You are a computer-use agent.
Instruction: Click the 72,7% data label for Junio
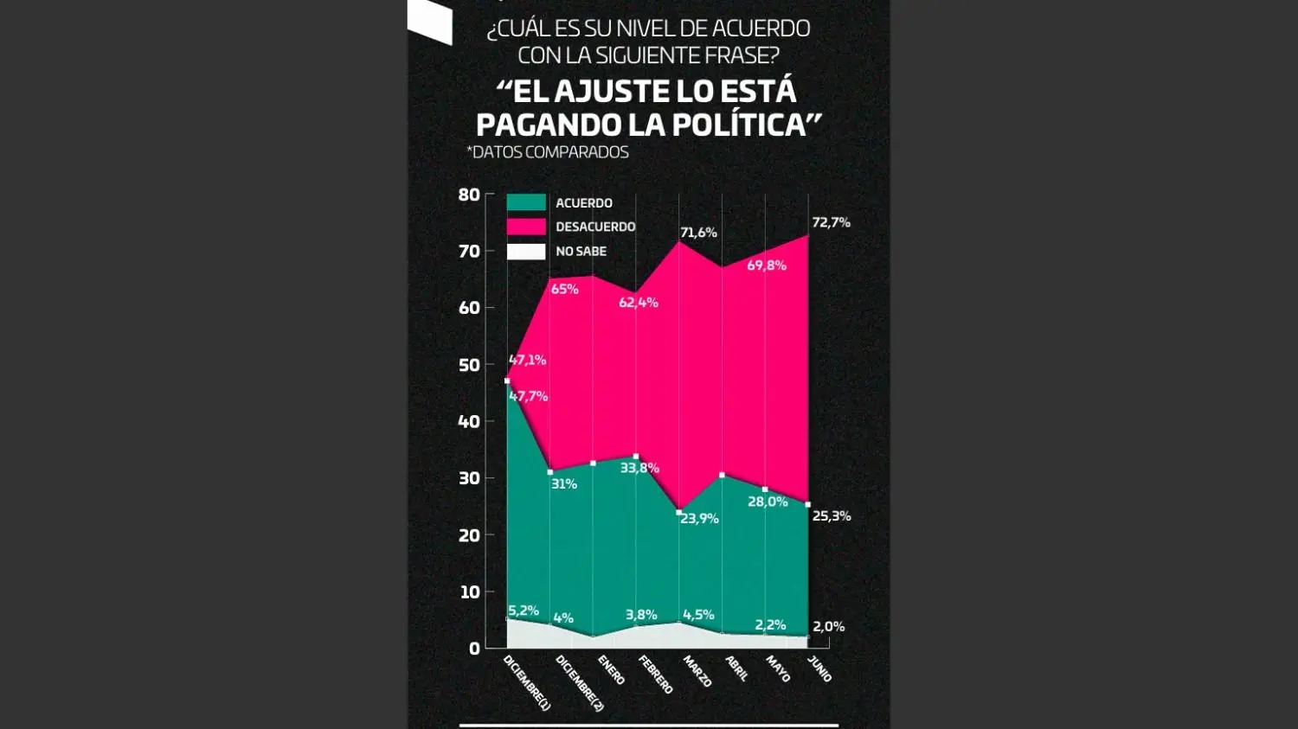click(831, 222)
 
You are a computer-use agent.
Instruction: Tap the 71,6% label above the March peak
click(698, 233)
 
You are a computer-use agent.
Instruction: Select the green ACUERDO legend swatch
click(526, 202)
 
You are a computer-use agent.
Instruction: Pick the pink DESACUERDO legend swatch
click(526, 227)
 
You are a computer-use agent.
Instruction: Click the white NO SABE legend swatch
click(526, 252)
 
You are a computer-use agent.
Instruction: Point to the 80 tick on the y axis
click(469, 195)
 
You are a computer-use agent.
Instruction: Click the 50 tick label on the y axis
click(469, 365)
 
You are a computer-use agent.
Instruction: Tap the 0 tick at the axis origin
click(474, 649)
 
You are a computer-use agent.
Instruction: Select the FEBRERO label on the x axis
click(655, 675)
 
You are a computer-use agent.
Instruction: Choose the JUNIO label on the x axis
click(819, 668)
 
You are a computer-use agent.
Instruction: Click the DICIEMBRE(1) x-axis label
click(527, 683)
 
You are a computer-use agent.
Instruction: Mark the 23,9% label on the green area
click(699, 519)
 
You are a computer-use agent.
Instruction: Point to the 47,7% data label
click(528, 397)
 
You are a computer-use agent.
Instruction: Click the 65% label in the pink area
click(564, 289)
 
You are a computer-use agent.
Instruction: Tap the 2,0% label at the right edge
click(828, 627)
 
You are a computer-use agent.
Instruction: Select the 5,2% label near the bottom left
click(524, 611)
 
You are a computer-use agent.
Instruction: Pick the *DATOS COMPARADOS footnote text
click(548, 152)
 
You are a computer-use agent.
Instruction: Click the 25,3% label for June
click(832, 516)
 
